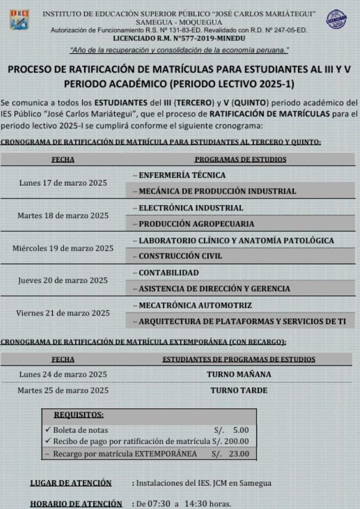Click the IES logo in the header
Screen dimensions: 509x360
point(19,20)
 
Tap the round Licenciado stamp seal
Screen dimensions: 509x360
point(336,20)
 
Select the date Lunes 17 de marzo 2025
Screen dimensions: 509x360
point(63,183)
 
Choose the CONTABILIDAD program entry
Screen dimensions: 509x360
point(169,272)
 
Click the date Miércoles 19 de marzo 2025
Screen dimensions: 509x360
point(63,248)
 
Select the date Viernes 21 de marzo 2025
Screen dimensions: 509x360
point(63,313)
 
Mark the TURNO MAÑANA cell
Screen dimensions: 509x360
point(239,374)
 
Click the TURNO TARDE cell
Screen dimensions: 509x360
point(239,390)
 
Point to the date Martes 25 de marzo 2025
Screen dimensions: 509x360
point(63,390)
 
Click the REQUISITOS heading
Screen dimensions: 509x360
point(79,415)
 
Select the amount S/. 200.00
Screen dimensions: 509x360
point(231,441)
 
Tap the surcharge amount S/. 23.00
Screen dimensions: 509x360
point(231,454)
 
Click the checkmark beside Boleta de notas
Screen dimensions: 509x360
point(48,430)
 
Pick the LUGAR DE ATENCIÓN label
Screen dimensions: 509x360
point(71,483)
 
